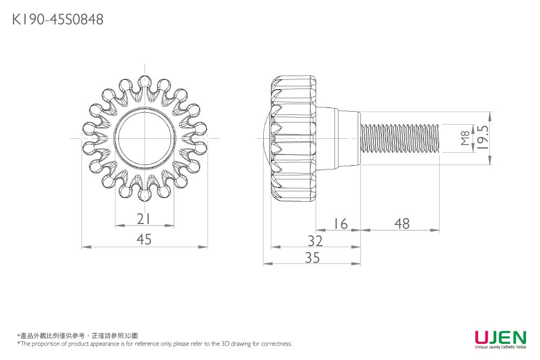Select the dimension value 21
pos(143,219)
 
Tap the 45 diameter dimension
pos(144,240)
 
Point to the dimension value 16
pos(340,223)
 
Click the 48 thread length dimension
pos(402,223)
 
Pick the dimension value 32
pos(315,240)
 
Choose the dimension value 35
pos(312,258)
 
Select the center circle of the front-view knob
pos(145,138)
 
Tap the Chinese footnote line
pos(78,336)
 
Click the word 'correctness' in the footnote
pos(276,344)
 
